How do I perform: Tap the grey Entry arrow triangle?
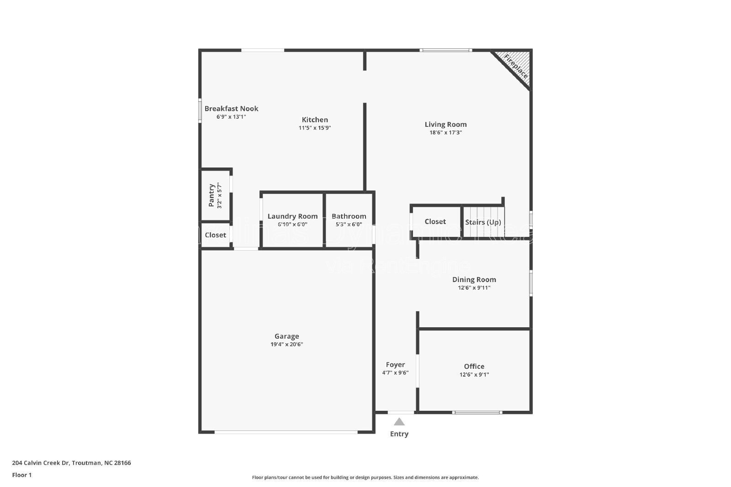399,422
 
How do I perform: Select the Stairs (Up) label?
483,222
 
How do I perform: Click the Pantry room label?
212,195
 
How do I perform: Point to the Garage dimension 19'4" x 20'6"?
286,345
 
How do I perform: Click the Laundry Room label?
292,216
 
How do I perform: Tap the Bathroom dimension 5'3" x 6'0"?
349,224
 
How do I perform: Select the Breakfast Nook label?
231,109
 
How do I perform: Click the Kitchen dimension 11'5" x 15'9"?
315,128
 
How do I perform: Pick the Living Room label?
445,124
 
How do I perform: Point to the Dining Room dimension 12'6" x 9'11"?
474,288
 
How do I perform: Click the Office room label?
474,366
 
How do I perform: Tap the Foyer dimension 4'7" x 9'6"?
395,372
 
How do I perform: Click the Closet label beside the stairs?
435,221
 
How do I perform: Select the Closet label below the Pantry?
215,235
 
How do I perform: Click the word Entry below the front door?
399,434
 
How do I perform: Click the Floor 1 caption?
22,475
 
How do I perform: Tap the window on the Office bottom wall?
477,413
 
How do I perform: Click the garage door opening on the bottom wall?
286,432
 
